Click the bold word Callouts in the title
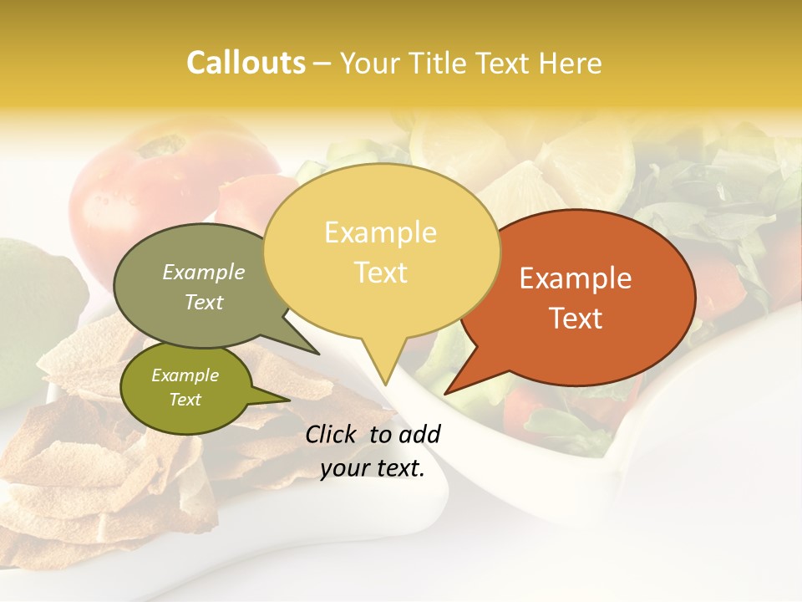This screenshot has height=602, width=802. click(246, 63)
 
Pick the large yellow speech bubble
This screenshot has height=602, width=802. click(381, 251)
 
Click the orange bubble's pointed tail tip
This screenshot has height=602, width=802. click(445, 393)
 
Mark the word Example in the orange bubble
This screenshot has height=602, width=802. click(576, 278)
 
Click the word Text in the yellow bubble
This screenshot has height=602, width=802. click(381, 273)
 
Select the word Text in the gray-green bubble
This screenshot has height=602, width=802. click(204, 302)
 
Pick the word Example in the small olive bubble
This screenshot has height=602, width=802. click(185, 375)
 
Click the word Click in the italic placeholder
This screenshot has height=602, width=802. click(332, 434)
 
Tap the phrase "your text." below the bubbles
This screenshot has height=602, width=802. click(373, 468)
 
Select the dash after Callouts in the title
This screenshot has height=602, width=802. click(322, 63)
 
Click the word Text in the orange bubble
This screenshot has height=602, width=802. click(576, 318)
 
